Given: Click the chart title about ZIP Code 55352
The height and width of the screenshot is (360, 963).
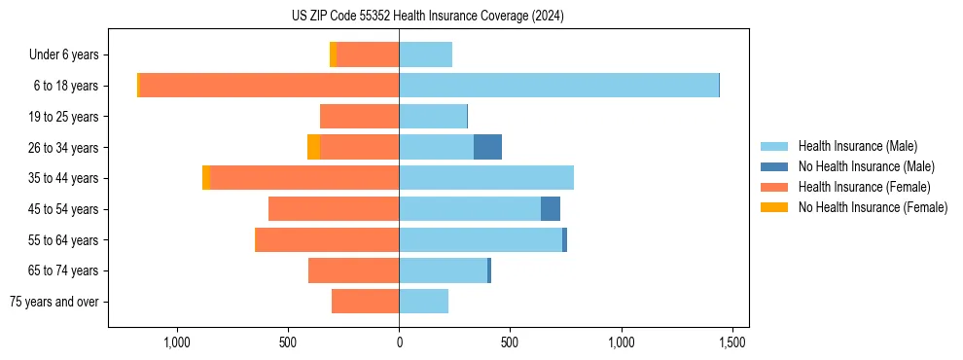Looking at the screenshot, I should pos(427,16).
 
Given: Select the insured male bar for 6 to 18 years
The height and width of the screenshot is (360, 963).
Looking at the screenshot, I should pos(558,86).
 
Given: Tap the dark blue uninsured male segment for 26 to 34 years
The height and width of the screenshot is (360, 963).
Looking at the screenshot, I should pos(487,147).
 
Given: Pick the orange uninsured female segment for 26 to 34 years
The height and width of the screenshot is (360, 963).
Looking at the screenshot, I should pos(313,147).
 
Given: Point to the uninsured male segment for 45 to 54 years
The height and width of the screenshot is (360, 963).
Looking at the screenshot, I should pos(551,209).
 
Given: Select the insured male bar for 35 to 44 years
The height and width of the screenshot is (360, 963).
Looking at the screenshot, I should pos(486,178).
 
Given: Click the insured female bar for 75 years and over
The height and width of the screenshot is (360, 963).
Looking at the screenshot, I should pos(365,302).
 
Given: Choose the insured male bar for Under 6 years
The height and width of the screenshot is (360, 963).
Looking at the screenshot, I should pos(425,54).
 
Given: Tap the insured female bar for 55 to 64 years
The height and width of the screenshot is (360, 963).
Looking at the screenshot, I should pos(327,239).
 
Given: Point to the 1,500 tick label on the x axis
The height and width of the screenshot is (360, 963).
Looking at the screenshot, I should pos(732,342).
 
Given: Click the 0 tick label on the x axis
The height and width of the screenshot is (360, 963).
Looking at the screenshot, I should pos(399,342).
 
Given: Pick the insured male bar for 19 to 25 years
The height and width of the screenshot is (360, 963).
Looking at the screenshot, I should pos(433,117).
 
